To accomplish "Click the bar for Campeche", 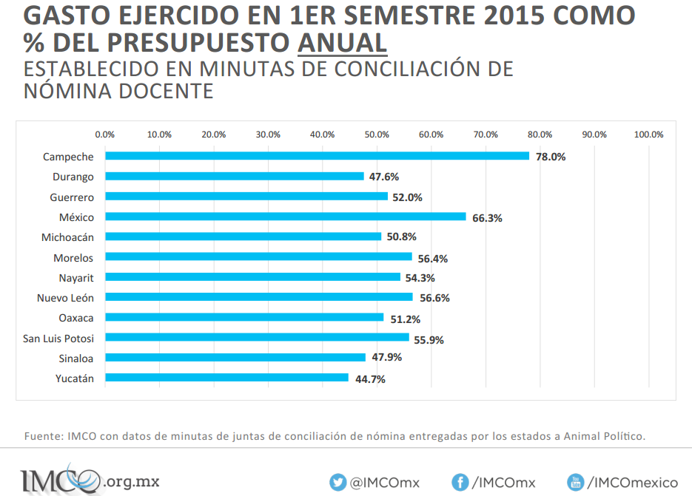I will tap(317, 156).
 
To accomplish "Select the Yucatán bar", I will tap(226, 378).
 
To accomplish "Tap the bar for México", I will tap(286, 217).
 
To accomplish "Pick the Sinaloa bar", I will tap(235, 358).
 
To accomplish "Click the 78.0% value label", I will tap(551, 157).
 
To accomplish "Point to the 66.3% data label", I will tap(487, 218).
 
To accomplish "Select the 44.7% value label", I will tap(370, 379).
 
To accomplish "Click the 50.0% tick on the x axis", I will tap(377, 135).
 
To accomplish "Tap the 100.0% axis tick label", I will tap(648, 135).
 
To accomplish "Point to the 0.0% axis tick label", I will tap(105, 135).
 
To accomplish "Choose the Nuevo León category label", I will tap(65, 298).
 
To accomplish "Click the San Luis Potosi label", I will tap(58, 338).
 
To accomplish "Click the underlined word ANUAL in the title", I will tap(342, 43).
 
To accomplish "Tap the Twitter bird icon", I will tap(338, 483).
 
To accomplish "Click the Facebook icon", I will tap(460, 483).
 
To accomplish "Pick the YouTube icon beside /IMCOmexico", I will tap(576, 483).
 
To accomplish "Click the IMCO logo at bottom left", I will tap(59, 480).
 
